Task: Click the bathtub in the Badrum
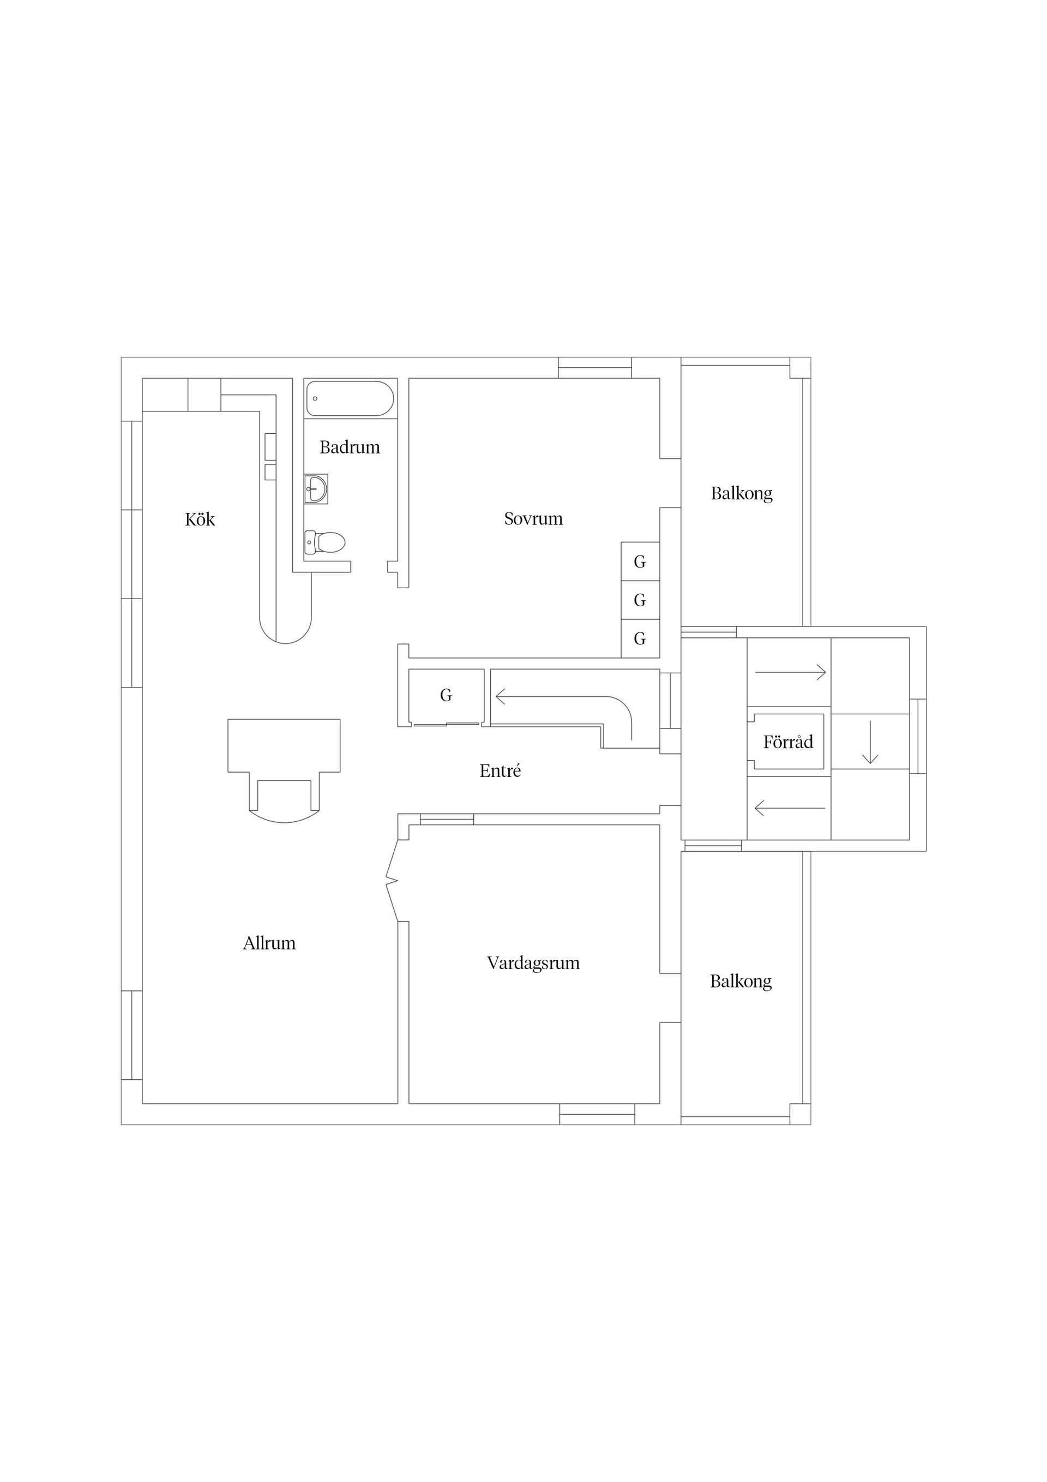coord(350,398)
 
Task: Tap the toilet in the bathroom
coord(324,541)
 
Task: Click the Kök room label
coord(200,519)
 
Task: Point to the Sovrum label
coord(533,518)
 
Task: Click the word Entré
coord(500,770)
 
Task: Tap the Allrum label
coord(269,943)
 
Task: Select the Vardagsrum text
coord(533,963)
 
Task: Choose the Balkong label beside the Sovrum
coord(742,493)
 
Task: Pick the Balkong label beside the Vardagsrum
coord(741,981)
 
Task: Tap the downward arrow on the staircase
coord(870,742)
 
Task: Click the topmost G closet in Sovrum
coord(640,561)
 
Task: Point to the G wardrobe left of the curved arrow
coord(446,696)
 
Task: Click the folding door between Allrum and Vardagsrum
coord(392,880)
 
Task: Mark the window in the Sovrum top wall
coord(595,368)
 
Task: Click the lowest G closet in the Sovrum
coord(640,638)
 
